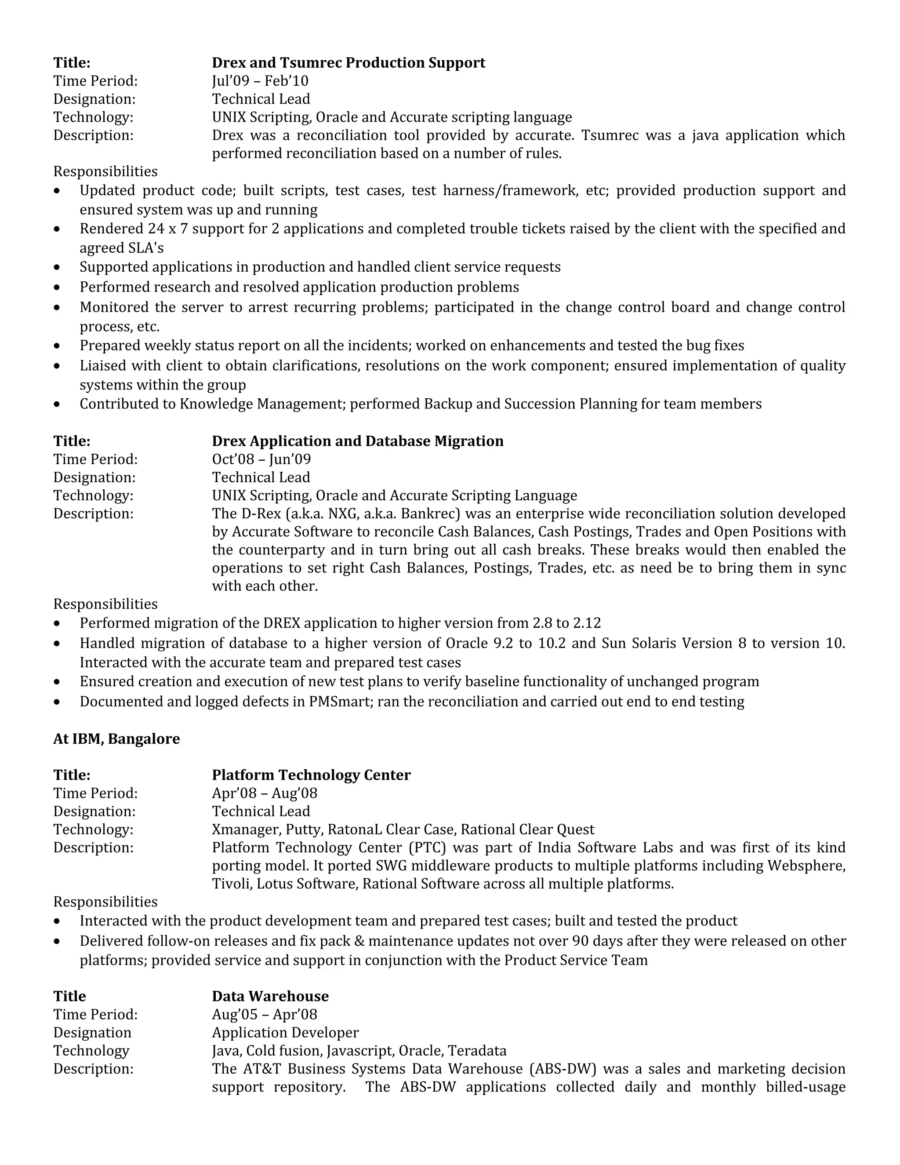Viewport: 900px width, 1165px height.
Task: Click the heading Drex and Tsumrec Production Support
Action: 348,63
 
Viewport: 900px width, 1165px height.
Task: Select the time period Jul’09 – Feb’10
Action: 260,81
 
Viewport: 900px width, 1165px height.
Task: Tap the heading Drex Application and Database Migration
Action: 357,441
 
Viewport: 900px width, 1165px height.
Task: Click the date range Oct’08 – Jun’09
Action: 261,459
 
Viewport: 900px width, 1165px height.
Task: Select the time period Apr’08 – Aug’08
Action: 265,793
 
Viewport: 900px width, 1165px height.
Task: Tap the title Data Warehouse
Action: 270,997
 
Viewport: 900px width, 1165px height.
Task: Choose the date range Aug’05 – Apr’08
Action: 265,1015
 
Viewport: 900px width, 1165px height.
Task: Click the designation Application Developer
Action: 285,1033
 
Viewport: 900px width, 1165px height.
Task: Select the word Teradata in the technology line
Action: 477,1051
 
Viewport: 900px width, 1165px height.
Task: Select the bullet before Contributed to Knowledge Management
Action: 57,405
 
